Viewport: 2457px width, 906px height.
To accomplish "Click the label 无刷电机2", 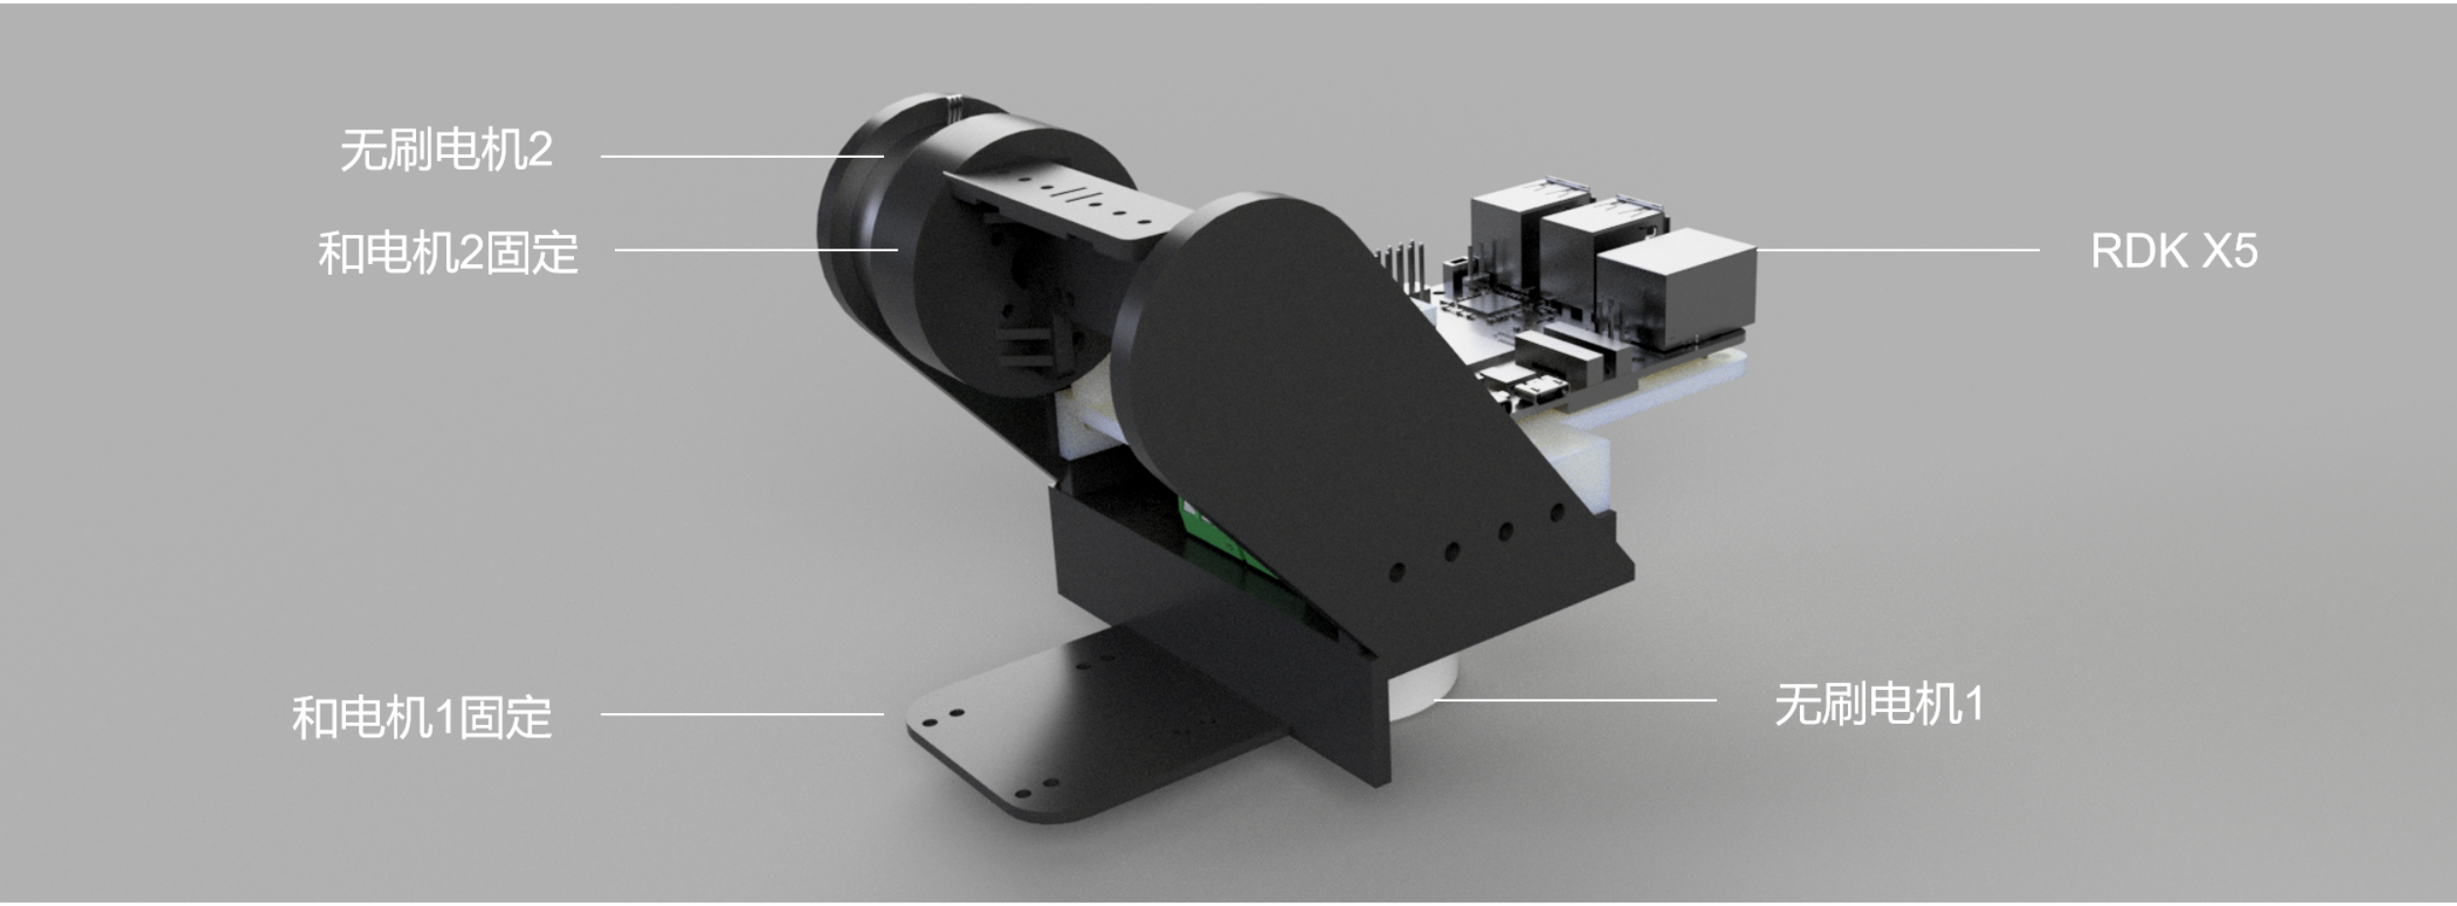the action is [x=446, y=150].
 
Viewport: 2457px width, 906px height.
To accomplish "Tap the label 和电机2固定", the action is [x=448, y=252].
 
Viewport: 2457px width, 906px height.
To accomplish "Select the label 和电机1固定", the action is [x=422, y=718].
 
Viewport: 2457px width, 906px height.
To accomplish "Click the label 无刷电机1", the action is [x=1879, y=704].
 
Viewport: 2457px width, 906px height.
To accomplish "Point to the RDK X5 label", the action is [x=2173, y=251].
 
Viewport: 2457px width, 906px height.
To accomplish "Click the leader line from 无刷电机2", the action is [x=743, y=156].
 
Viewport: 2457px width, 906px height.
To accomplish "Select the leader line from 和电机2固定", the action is [x=756, y=249].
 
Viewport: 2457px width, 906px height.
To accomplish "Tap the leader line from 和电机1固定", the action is [x=743, y=714].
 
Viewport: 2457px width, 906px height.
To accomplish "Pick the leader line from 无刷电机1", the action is [x=1575, y=699].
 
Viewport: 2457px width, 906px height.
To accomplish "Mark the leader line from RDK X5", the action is [x=1898, y=249].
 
